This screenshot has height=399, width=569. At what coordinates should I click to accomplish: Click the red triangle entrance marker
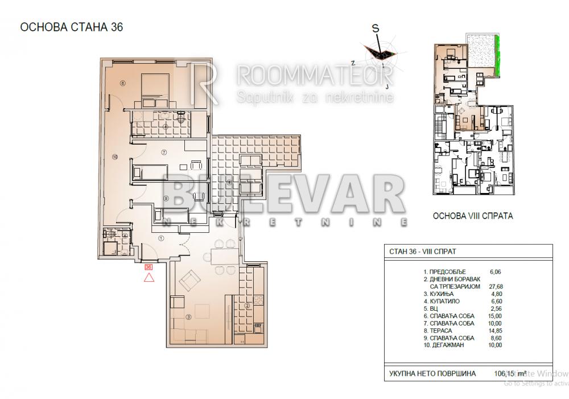(x=149, y=277)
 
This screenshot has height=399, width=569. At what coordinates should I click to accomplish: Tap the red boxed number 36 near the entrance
(x=149, y=266)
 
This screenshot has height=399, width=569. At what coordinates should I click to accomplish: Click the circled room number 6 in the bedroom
(x=122, y=83)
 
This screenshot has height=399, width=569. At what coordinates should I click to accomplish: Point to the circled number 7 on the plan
(x=163, y=152)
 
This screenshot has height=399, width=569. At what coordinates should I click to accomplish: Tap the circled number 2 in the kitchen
(x=247, y=306)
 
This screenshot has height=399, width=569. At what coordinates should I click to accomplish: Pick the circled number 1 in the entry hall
(x=161, y=238)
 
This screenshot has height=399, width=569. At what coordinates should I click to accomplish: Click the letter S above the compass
(x=375, y=28)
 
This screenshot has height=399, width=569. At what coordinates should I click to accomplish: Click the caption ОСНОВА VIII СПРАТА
(x=473, y=216)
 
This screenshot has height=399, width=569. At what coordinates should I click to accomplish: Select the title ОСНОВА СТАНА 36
(x=72, y=26)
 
